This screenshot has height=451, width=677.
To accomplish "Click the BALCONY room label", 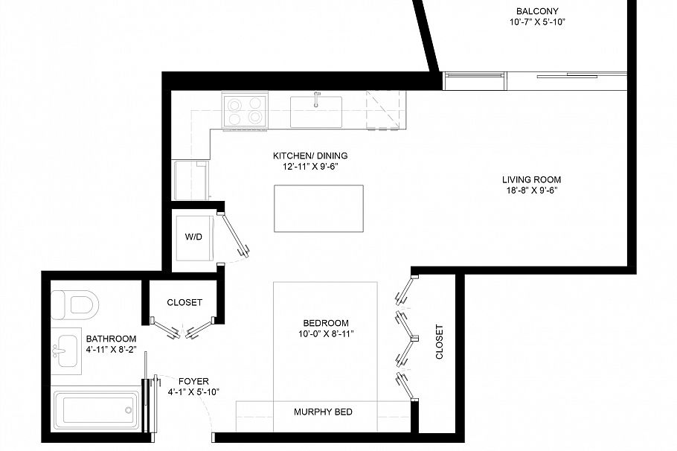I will coord(537,11).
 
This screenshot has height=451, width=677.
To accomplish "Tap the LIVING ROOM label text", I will coord(530,179).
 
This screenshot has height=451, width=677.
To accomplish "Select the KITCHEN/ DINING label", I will coord(310,156).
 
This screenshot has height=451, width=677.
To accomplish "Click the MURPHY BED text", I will coord(323,412).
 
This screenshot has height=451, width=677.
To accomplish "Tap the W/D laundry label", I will coord(193,237).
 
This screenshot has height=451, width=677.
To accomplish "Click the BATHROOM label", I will coord(111,338).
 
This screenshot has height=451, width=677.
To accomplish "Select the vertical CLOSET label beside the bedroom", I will coord(439,342).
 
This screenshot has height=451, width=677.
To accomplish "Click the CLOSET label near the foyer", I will coord(185,303).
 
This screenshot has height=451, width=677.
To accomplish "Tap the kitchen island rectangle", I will coord(318,208).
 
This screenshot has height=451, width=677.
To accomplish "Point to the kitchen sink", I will coord(316,110).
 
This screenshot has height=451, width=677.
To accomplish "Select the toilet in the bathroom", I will coord(74,304).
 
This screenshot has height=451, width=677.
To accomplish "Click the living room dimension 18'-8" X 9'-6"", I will coord(530,191).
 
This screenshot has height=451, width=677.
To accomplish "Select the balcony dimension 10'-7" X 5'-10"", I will coord(537,22).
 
